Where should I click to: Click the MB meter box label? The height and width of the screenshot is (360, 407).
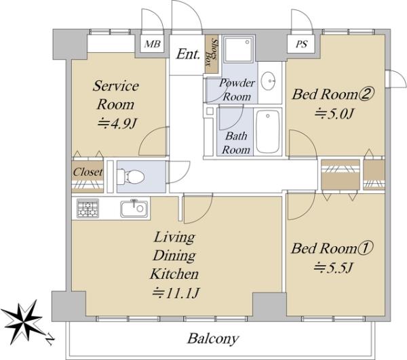153,44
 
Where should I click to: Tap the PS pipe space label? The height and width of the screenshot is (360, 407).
301,44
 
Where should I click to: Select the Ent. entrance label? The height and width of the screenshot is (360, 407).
188,54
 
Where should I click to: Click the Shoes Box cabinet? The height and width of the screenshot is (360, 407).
212,54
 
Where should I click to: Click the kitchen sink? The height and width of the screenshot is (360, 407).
134,209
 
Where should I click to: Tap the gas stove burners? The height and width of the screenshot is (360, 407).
88,208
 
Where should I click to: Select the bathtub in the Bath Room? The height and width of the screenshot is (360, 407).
269,132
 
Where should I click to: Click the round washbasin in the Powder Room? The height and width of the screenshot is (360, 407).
269,81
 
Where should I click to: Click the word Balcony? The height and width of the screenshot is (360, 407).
213,339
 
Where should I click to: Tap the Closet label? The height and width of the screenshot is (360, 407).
88,172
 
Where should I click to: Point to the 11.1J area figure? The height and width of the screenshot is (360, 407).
176,294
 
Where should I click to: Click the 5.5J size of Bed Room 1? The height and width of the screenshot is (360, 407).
332,267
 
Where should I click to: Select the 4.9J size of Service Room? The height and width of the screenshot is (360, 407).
117,123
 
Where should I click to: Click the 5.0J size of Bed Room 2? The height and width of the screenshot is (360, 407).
334,113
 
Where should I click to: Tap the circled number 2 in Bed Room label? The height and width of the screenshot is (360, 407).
366,94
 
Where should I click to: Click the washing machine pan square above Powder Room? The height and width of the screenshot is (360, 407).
239,49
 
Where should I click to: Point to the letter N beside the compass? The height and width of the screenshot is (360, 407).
50,340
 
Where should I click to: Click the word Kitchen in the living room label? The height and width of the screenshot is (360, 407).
174,274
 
